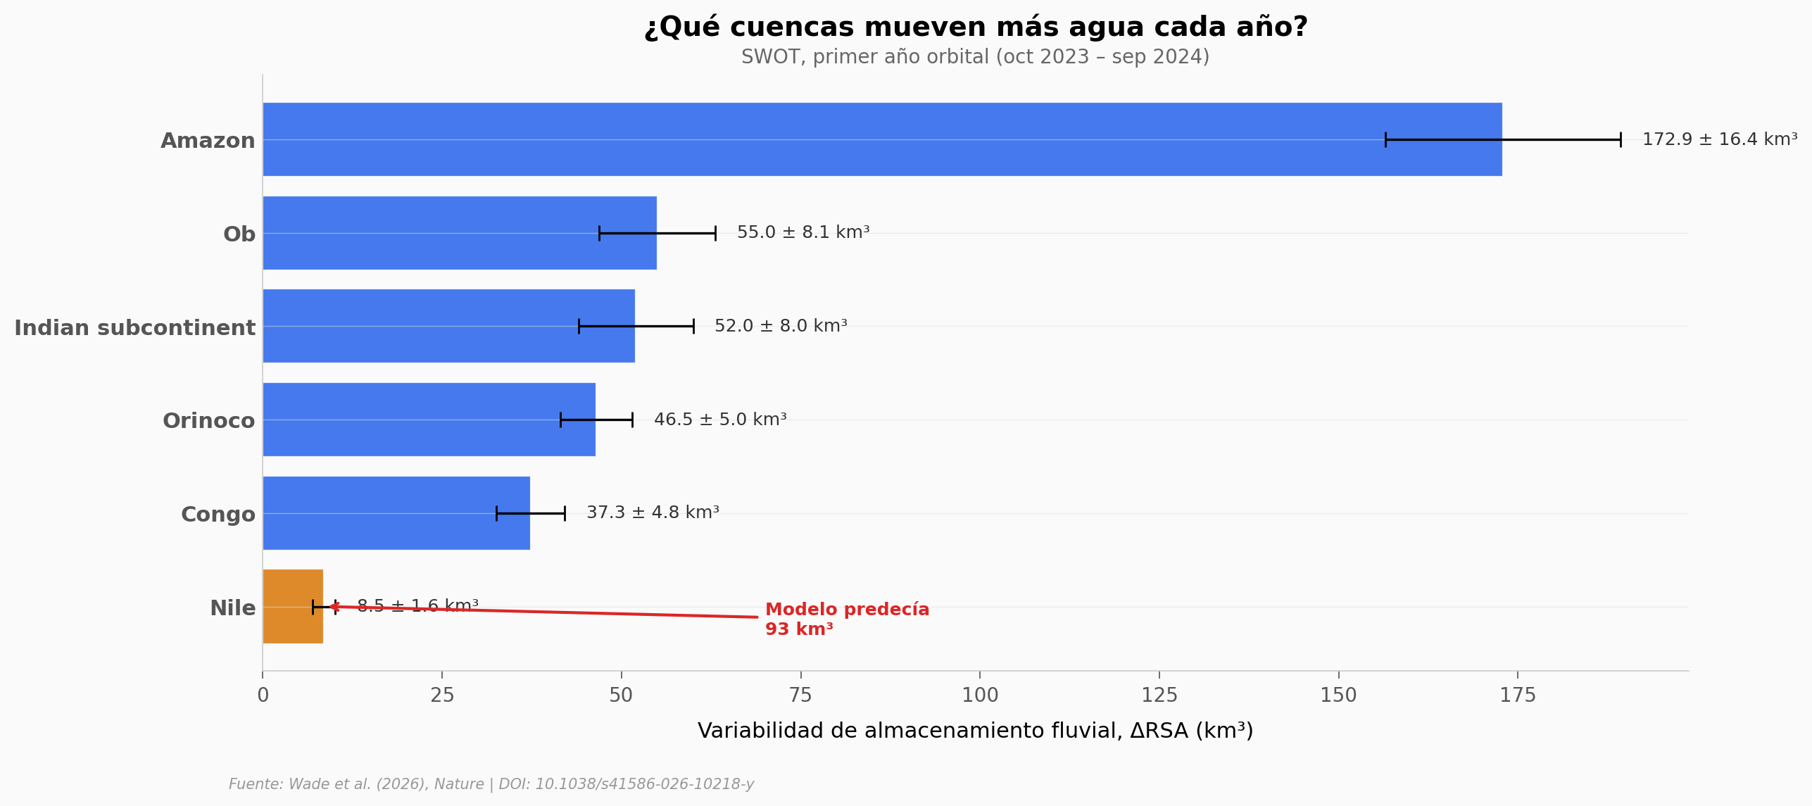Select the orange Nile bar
(x=293, y=606)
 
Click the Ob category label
(x=239, y=234)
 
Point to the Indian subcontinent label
(x=134, y=327)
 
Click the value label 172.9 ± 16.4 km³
(x=1719, y=139)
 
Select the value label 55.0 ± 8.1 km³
(x=803, y=232)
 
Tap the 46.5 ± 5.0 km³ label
(x=719, y=420)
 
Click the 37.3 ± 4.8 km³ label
(x=652, y=512)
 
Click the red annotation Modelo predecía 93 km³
(x=846, y=619)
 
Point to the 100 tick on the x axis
(x=979, y=695)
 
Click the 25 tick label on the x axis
(x=442, y=695)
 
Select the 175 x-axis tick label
(x=1517, y=695)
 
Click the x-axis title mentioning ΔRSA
(x=975, y=731)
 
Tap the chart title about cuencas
(x=975, y=27)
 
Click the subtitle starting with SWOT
(x=975, y=57)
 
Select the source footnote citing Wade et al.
(x=491, y=784)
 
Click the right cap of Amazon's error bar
(x=1621, y=139)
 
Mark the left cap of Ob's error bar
(x=599, y=233)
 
